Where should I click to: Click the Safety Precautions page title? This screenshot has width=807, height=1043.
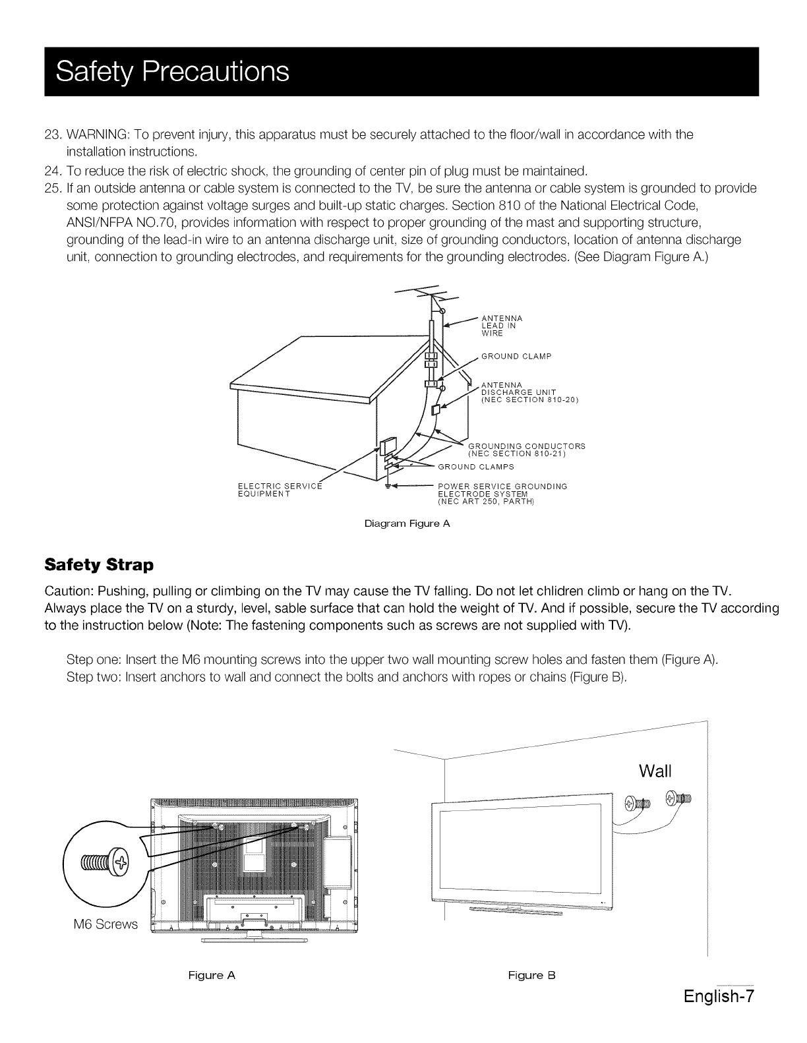point(173,71)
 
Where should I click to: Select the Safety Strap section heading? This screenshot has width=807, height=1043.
point(98,565)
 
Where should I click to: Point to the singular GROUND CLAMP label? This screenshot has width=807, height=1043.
point(516,357)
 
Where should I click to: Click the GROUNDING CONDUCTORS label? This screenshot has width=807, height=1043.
point(526,450)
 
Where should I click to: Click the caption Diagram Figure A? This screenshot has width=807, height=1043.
point(406,525)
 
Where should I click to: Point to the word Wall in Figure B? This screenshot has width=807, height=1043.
point(655,771)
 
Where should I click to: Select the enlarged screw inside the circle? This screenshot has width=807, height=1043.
point(104,862)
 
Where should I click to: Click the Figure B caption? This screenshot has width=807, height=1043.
point(532,975)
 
